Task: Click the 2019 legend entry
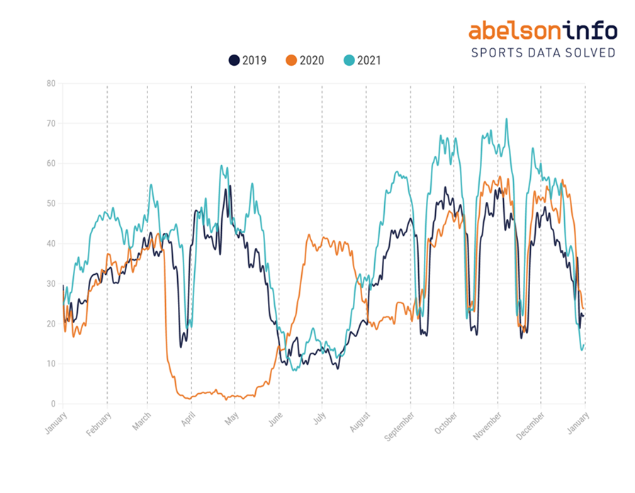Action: pos(247,60)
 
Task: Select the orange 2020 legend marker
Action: pos(291,60)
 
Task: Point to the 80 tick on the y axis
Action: pos(50,84)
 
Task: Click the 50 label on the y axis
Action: pos(50,204)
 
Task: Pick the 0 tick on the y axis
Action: pos(52,404)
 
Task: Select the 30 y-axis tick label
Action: pos(50,284)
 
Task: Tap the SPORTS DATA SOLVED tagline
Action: pos(543,53)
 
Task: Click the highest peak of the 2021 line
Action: pos(506,119)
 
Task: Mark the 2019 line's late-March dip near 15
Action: pos(181,346)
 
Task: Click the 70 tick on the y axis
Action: pos(50,124)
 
